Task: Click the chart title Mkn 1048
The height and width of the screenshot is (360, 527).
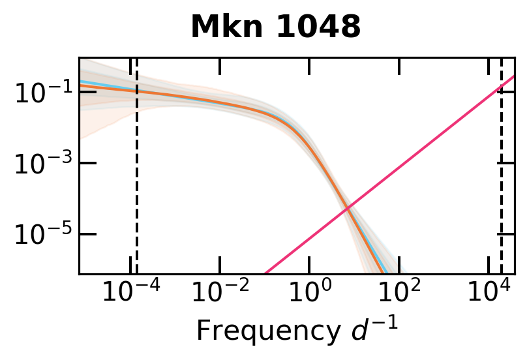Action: (x=275, y=27)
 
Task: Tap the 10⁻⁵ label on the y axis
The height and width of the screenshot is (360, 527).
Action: (x=37, y=234)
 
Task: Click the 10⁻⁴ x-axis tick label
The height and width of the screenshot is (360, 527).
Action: (x=131, y=294)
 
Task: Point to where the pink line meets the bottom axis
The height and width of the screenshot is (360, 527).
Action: (x=265, y=273)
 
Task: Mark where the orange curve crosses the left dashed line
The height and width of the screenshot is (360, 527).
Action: (x=136, y=91)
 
